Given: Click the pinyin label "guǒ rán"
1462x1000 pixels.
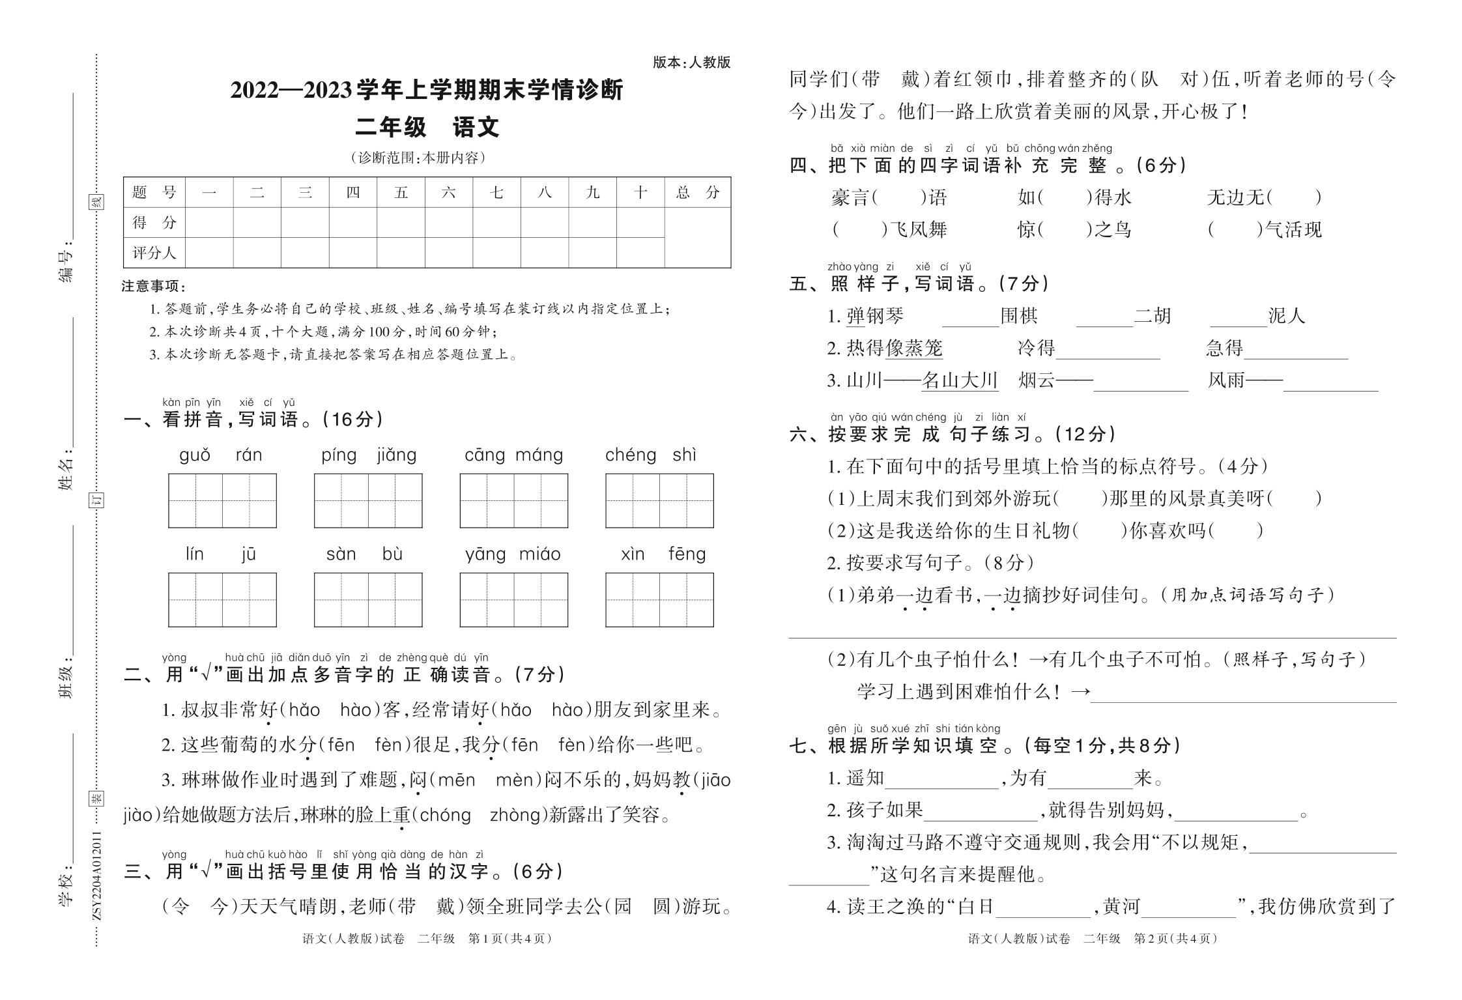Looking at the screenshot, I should pos(221,455).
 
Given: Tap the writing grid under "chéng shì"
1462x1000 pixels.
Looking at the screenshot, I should pos(659,500).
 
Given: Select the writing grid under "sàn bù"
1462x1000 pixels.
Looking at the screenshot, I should pos(367,599).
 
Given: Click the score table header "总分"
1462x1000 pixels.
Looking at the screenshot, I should pos(697,192).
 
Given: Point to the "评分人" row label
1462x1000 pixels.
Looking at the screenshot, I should pos(154,253).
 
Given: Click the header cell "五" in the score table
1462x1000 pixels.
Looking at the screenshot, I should pos(401,192).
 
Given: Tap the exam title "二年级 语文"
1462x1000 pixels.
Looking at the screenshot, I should pos(427,126).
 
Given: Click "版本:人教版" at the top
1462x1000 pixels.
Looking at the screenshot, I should pos(691,63).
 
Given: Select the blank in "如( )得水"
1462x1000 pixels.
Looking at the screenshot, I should pos(1065,197).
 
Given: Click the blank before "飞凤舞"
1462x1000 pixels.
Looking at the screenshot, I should pos(857,229).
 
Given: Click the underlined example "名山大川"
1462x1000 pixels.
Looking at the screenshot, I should pos(959,380).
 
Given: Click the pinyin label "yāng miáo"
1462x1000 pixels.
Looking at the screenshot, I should pos(513,554).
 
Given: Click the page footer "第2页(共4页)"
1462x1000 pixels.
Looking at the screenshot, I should pos(1175,939).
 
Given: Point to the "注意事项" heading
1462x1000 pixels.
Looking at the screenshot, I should pos(154,286).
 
